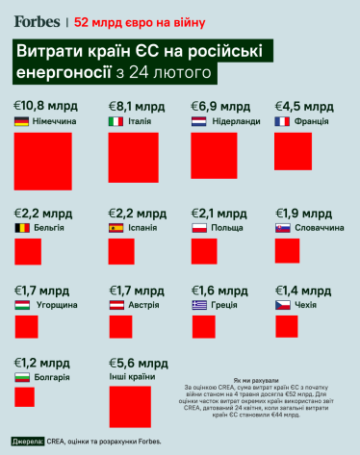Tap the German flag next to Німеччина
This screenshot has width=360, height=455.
[x=21, y=122]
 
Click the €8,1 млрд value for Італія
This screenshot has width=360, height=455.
[x=137, y=106]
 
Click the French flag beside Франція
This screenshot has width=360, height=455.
[x=282, y=122]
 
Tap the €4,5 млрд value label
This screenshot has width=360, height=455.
[x=304, y=106]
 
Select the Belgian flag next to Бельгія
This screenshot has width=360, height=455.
[x=21, y=228]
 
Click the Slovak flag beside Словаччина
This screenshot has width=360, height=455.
[x=282, y=228]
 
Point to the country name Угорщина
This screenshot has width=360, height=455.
[x=57, y=304]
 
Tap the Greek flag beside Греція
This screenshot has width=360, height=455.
[x=198, y=304]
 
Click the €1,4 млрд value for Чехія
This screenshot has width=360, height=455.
[x=304, y=289]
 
